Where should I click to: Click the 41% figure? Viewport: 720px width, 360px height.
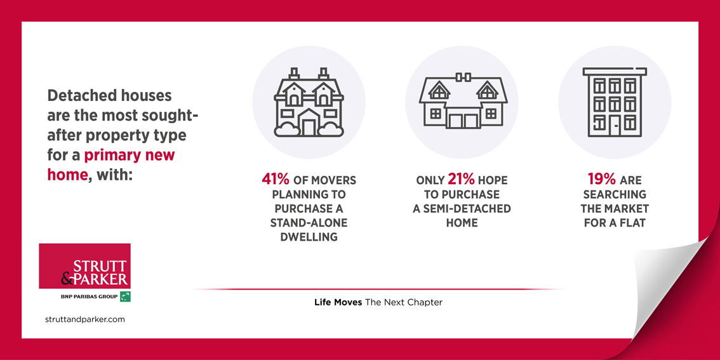[276, 180]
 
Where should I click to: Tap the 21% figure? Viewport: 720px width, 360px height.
[461, 180]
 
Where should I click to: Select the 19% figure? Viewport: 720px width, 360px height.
[602, 180]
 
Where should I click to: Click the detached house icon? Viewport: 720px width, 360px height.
[309, 102]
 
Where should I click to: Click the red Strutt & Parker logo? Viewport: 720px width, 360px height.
[84, 265]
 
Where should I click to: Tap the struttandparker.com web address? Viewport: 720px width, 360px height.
[85, 319]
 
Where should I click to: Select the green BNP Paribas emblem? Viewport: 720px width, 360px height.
[125, 297]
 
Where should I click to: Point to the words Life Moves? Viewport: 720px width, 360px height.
[338, 302]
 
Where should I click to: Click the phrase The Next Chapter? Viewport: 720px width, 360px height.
[404, 302]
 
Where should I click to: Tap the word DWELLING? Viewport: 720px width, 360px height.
[309, 237]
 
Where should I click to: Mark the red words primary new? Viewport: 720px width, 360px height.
[129, 155]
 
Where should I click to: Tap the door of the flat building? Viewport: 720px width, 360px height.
[615, 126]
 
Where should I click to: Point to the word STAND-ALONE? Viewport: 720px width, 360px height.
[309, 223]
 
